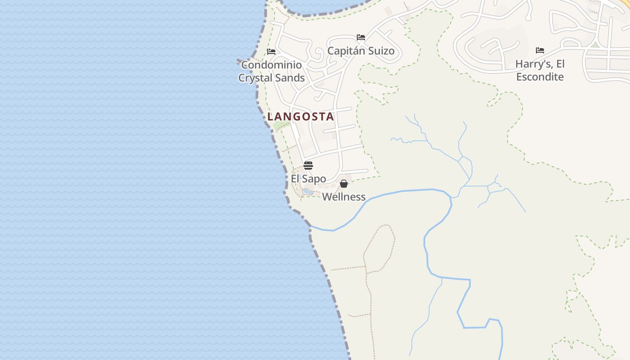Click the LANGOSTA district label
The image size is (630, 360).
coord(301,117)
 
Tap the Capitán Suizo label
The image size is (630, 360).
coord(361,51)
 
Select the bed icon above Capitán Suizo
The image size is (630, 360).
coord(361,37)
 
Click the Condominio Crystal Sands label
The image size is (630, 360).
coord(271,71)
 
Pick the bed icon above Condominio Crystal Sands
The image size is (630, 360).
coord(271,52)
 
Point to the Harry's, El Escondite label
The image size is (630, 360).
coord(540,70)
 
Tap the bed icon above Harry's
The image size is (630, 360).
coord(540,50)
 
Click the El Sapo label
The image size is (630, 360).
coord(308,179)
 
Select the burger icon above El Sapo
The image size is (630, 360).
coord(308,166)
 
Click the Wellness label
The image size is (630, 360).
coord(344,197)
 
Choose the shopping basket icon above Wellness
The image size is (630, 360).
coord(344,184)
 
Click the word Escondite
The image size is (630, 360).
coord(540,77)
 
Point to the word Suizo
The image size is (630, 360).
coord(381,51)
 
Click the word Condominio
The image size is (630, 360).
coord(271,65)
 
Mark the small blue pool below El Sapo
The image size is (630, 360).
coord(308,192)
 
